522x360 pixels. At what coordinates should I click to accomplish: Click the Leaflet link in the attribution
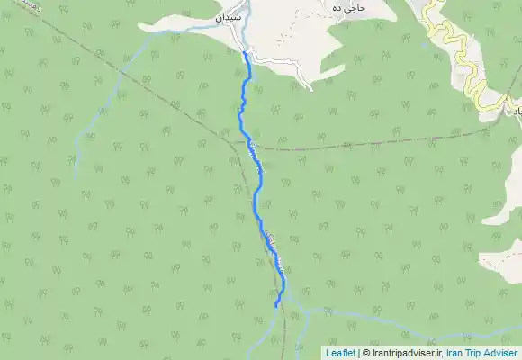[x=339, y=353]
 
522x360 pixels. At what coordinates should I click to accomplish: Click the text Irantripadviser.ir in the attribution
[x=411, y=353]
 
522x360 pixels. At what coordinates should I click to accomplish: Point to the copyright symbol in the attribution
[x=365, y=353]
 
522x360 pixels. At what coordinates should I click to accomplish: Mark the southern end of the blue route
[x=275, y=307]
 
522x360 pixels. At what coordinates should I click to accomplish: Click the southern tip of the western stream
[x=76, y=176]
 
